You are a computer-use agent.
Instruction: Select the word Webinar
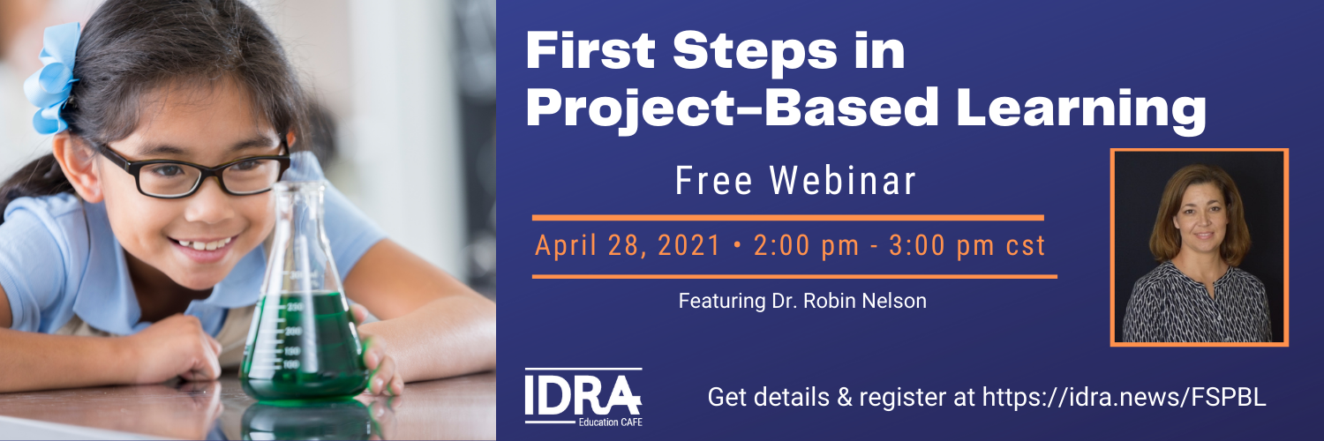click(x=842, y=181)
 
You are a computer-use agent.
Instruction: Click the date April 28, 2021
click(x=627, y=245)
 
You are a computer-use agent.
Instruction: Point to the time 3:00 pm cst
click(x=967, y=245)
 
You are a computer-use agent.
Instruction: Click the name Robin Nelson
click(x=865, y=301)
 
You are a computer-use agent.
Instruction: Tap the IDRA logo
click(x=583, y=396)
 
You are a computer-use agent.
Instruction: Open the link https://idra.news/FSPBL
click(x=1125, y=397)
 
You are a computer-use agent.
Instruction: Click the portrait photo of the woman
click(x=1200, y=247)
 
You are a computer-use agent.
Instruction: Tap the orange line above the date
click(x=788, y=218)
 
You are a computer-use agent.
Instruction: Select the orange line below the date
click(x=794, y=276)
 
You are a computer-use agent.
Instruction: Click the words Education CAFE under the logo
click(x=611, y=422)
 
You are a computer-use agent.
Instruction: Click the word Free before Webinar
click(x=713, y=181)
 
